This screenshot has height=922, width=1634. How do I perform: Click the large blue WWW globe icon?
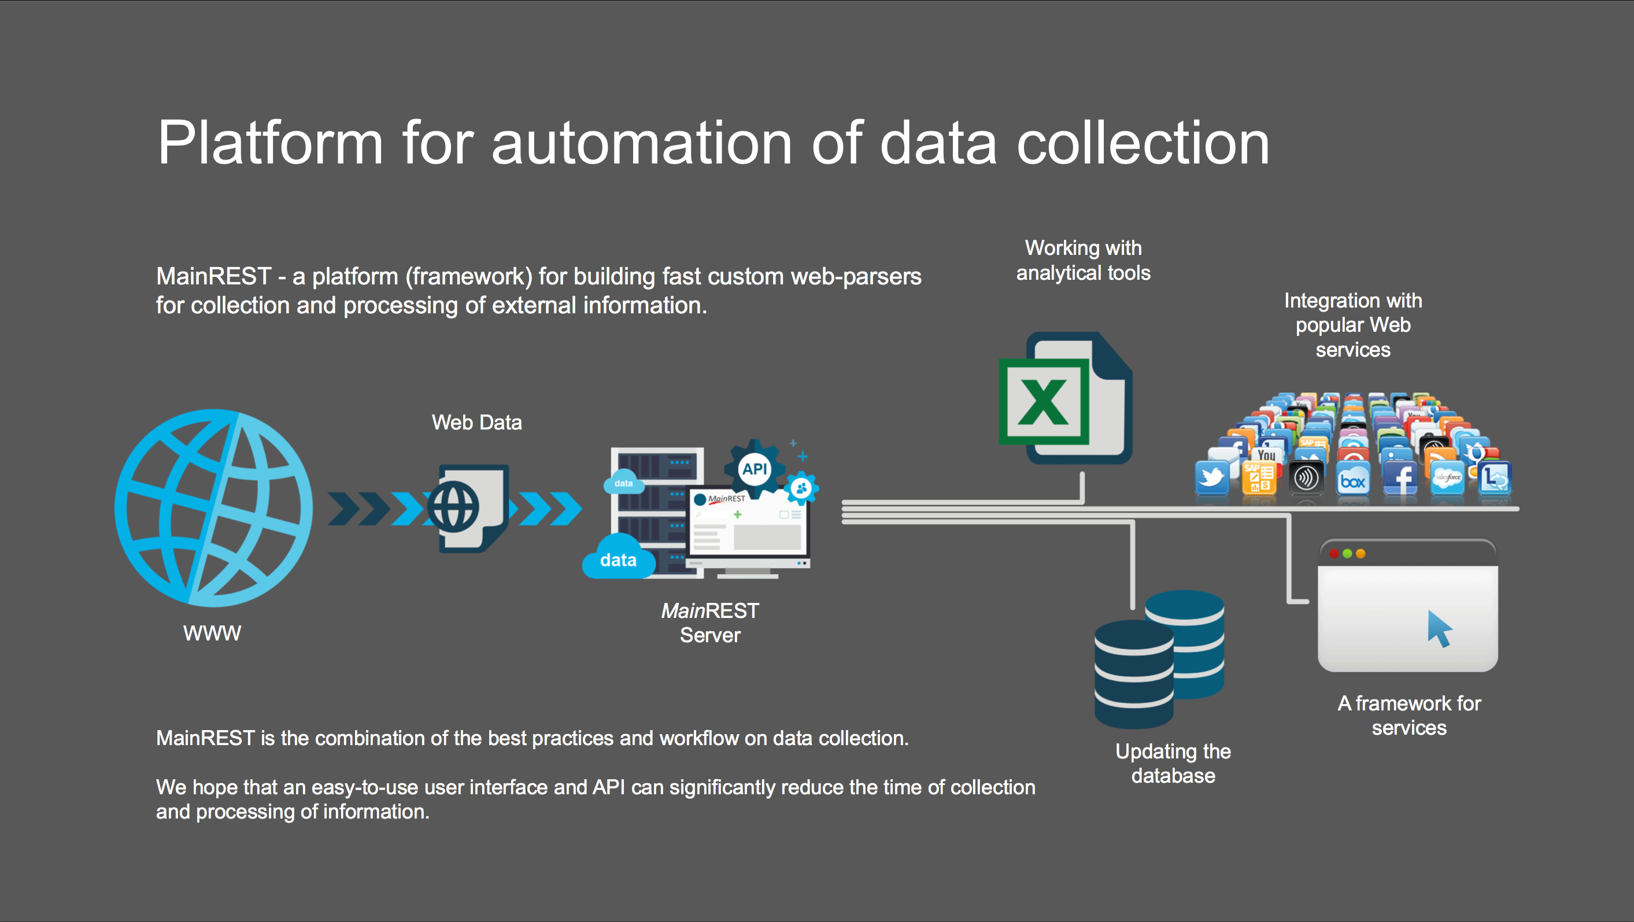pyautogui.click(x=213, y=508)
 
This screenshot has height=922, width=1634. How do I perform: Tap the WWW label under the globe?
pyautogui.click(x=212, y=633)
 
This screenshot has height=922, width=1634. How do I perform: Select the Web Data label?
pyautogui.click(x=476, y=423)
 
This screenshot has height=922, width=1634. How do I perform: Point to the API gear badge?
pyautogui.click(x=754, y=469)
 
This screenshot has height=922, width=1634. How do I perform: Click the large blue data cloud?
pyautogui.click(x=619, y=558)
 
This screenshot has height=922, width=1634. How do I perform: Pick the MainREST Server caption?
pyautogui.click(x=710, y=623)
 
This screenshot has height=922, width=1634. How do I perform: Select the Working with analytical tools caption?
pyautogui.click(x=1083, y=260)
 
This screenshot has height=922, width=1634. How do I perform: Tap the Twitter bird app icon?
pyautogui.click(x=1211, y=477)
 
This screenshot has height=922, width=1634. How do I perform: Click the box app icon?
pyautogui.click(x=1352, y=480)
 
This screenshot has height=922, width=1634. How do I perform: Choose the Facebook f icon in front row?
pyautogui.click(x=1400, y=478)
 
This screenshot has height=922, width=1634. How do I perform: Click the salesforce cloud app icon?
pyautogui.click(x=1447, y=478)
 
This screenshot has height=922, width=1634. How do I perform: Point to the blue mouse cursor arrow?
pyautogui.click(x=1439, y=628)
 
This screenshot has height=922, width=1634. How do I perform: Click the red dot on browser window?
pyautogui.click(x=1333, y=554)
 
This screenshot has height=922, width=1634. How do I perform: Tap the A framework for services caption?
pyautogui.click(x=1409, y=715)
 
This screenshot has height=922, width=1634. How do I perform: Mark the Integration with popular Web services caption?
pyautogui.click(x=1352, y=325)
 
